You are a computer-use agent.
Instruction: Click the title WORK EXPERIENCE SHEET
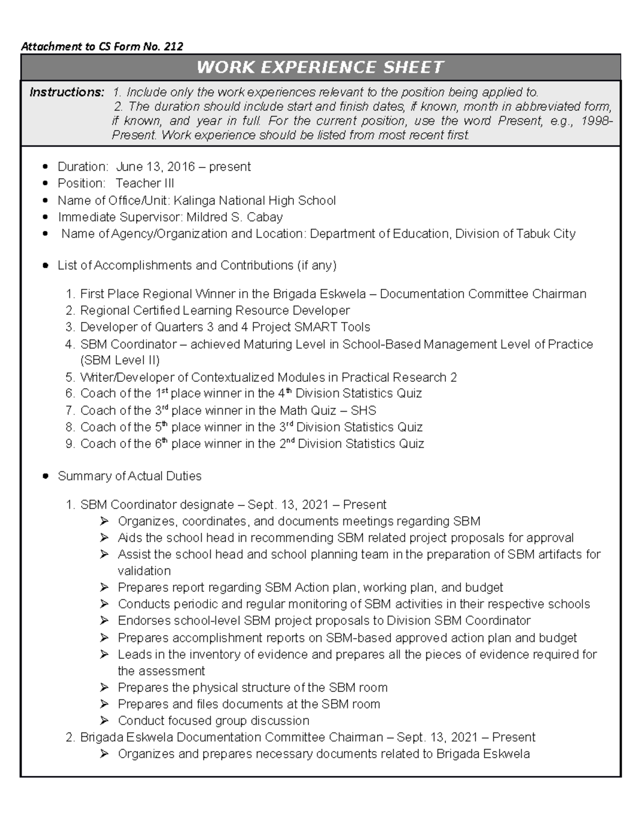point(320,67)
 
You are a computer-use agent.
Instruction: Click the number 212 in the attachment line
point(173,46)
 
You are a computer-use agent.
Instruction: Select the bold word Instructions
point(67,92)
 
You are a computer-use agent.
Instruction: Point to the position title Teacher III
point(145,183)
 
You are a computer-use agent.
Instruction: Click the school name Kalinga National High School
point(255,200)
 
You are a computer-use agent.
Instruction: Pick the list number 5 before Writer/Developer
point(70,377)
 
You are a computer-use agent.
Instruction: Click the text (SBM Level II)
point(119,360)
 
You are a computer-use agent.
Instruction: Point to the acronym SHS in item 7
point(363,411)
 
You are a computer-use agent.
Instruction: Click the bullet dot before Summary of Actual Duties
point(45,476)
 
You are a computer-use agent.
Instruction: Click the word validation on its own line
point(144,570)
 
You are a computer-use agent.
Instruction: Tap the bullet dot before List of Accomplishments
point(45,266)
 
